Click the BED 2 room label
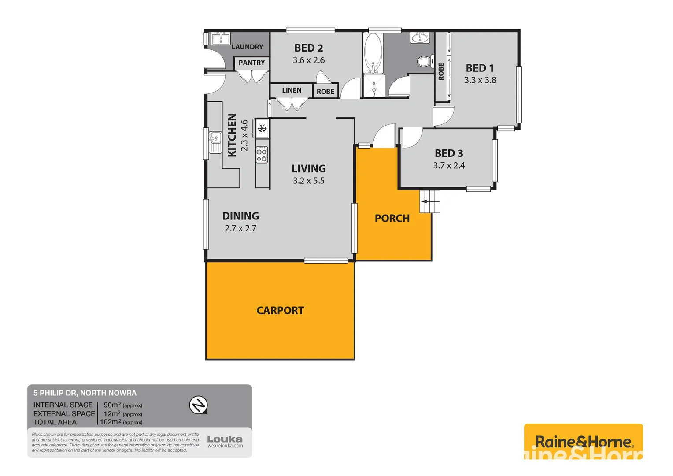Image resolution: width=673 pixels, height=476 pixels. [x=308, y=48]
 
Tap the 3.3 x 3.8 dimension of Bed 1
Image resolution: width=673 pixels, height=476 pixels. [x=480, y=80]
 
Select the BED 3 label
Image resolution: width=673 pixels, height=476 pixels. [x=449, y=153]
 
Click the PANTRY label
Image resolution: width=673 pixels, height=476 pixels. [x=251, y=63]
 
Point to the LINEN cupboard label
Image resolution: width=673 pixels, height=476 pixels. [x=292, y=90]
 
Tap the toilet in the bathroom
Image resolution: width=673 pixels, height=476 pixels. [x=424, y=61]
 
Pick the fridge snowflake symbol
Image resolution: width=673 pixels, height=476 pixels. [x=262, y=128]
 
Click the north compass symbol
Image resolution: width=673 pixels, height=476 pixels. [x=198, y=405]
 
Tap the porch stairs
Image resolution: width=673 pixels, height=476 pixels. [x=430, y=201]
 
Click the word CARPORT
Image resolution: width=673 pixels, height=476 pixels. [x=280, y=311]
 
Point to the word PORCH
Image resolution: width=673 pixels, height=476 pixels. [x=392, y=219]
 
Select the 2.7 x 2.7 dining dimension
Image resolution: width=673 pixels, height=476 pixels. [x=240, y=228]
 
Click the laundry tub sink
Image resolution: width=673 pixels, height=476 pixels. [x=220, y=39]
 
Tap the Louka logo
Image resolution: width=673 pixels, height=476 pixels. [x=225, y=441]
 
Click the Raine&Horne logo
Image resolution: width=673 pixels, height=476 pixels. [x=583, y=441]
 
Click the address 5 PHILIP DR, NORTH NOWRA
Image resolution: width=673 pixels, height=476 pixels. [x=85, y=393]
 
